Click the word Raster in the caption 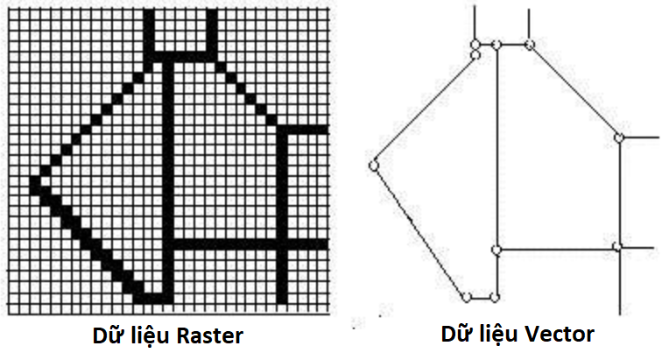(x=209, y=336)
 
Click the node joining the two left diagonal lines (x=374, y=166)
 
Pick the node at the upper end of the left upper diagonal (x=475, y=55)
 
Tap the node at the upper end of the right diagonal (x=530, y=44)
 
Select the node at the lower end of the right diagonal (x=619, y=138)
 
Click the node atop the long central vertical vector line (x=496, y=45)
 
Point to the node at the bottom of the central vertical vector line (x=495, y=297)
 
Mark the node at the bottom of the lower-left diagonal (x=467, y=297)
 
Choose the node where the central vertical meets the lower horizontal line (x=496, y=250)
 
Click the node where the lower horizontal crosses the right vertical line (x=618, y=246)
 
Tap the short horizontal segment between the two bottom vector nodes (x=481, y=298)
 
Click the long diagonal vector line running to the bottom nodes (x=419, y=231)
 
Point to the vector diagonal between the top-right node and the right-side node (x=574, y=91)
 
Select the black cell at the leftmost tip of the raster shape (x=35, y=180)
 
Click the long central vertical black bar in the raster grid (x=168, y=180)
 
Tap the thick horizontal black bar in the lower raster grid (x=250, y=244)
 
